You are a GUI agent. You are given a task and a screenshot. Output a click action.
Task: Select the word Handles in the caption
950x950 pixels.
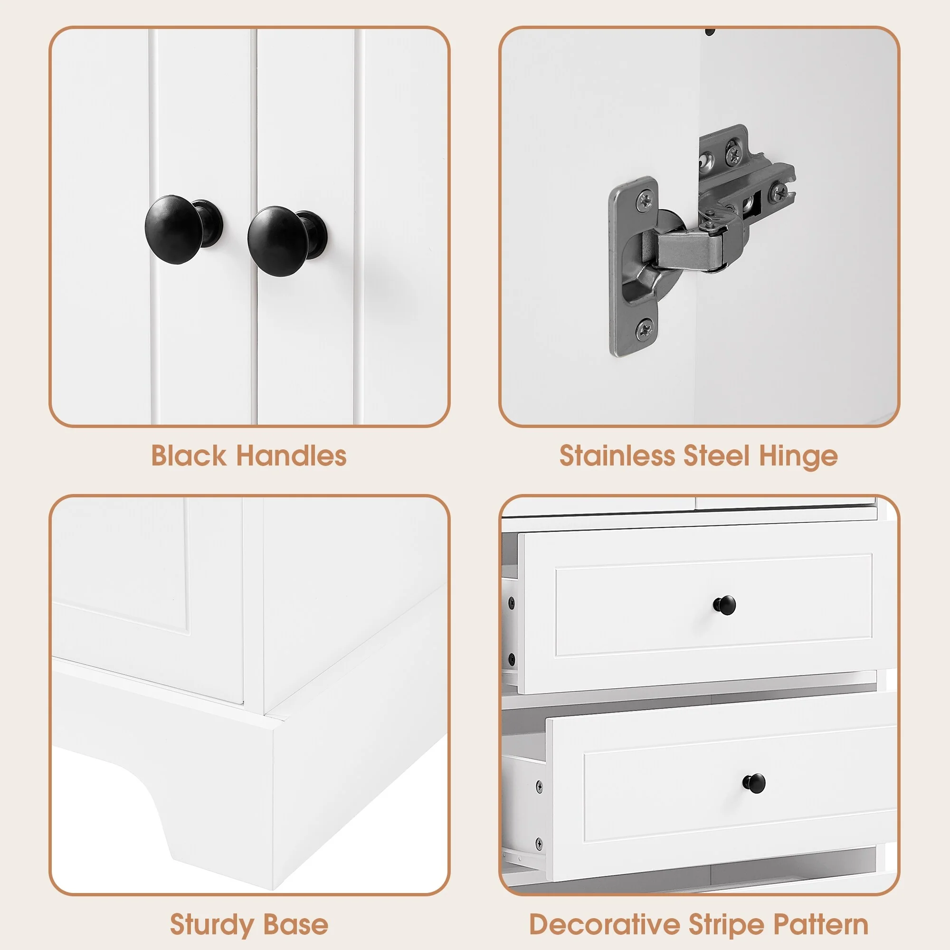pyautogui.click(x=292, y=456)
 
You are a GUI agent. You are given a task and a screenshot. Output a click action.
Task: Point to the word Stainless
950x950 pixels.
pyautogui.click(x=617, y=456)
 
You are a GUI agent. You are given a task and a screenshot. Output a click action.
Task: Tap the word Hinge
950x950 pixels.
pyautogui.click(x=798, y=456)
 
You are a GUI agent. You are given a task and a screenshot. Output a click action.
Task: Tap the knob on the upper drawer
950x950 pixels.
pyautogui.click(x=724, y=605)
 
